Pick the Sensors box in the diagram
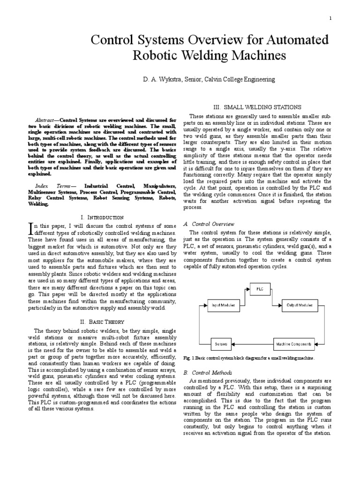click(221, 344)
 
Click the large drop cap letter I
click(31, 228)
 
